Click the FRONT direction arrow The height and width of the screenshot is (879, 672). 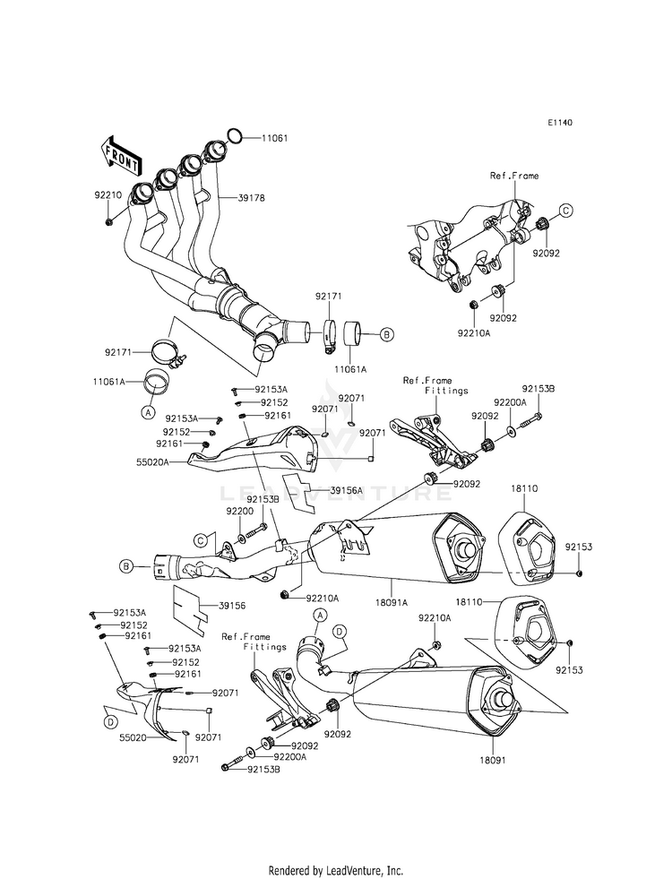coord(120,157)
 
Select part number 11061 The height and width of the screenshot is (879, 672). coord(274,138)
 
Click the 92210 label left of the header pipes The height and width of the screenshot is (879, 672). coord(108,195)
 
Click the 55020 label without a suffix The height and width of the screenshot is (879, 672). coord(134,737)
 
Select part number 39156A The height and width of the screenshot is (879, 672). coord(347,490)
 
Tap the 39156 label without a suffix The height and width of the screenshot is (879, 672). coord(232,606)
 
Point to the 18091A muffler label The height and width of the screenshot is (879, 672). coord(392,603)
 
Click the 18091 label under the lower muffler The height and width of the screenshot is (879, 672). coord(494,761)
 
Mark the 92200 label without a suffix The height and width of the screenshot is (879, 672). coord(240,512)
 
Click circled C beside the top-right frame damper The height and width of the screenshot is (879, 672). coord(565,211)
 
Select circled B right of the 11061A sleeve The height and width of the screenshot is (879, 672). coord(386,335)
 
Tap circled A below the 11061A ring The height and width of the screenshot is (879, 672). coord(148,412)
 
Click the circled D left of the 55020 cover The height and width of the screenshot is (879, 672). coord(111,723)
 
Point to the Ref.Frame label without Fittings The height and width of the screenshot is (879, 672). coord(514,176)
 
